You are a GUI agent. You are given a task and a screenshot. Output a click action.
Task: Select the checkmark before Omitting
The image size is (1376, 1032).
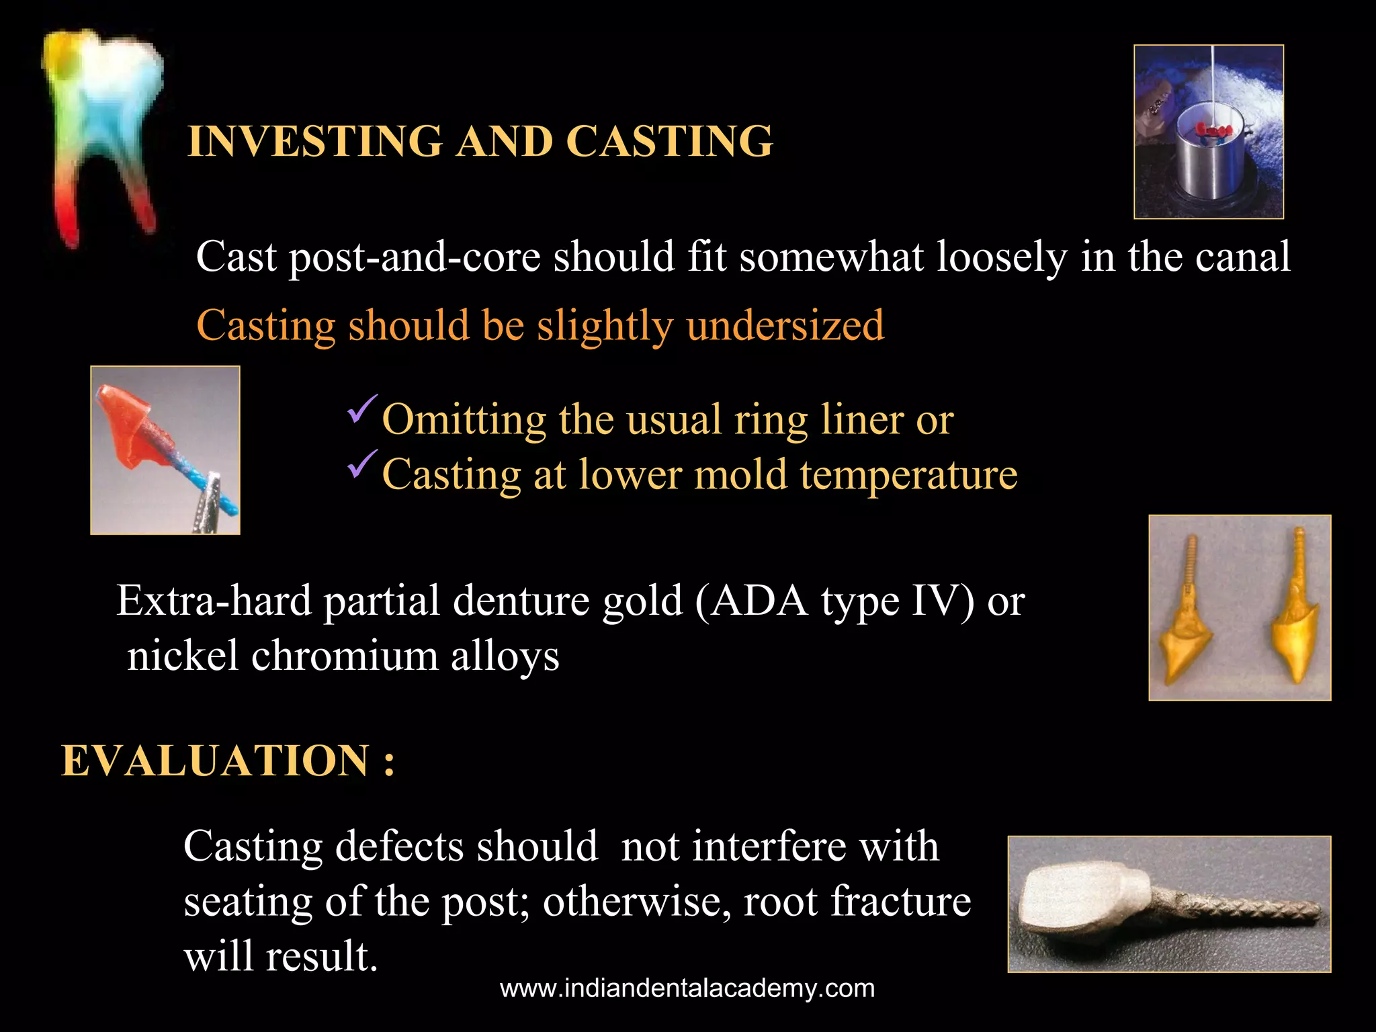[363, 409]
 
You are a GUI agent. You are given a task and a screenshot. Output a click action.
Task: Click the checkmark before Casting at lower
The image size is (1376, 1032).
[363, 464]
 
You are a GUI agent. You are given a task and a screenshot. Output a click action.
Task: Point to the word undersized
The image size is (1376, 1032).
[785, 326]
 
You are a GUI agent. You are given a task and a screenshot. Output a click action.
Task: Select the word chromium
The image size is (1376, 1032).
[345, 656]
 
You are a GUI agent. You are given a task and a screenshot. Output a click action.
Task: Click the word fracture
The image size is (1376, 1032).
[900, 902]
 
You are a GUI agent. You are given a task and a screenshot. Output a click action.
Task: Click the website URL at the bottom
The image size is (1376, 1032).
[687, 988]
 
